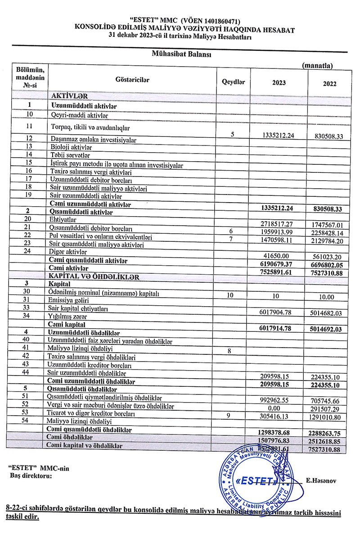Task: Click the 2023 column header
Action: coord(279,83)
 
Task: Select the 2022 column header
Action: coord(330,83)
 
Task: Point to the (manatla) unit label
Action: coord(317,66)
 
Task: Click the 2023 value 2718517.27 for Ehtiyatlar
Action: coord(280,222)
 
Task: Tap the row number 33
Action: coord(28,309)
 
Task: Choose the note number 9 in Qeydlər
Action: coord(229,415)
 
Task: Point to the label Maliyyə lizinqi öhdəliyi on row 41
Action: coord(80,349)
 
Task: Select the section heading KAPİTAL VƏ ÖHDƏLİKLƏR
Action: coord(95,276)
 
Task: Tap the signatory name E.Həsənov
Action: coord(321,481)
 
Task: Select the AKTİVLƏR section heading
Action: coord(69,95)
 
